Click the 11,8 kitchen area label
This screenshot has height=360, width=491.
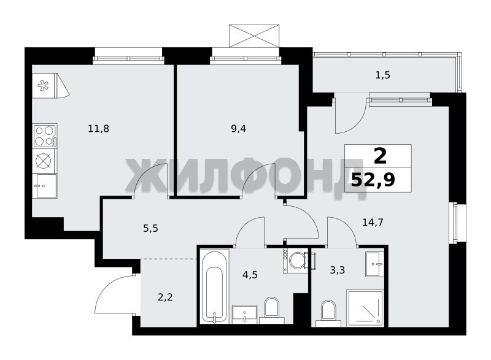(x=99, y=129)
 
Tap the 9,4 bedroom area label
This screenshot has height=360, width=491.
(x=238, y=129)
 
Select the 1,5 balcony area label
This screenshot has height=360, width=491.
(x=382, y=75)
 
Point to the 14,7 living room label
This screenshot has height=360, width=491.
(x=373, y=223)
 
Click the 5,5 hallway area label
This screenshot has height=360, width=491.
(x=150, y=229)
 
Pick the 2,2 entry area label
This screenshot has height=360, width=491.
(x=165, y=297)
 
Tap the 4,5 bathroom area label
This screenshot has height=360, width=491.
(x=250, y=275)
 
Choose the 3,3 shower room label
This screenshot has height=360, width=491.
(x=337, y=270)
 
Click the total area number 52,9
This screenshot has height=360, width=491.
(x=373, y=180)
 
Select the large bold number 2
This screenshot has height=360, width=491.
(x=380, y=156)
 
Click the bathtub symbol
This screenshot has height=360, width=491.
(x=214, y=286)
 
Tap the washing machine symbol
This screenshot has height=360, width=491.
(x=296, y=260)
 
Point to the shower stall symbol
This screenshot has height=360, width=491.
(x=365, y=308)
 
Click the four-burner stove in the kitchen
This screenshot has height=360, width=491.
(x=45, y=136)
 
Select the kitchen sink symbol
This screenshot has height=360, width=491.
(x=45, y=186)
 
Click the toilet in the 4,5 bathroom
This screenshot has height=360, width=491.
(x=271, y=310)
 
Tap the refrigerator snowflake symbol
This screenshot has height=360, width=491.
(x=43, y=86)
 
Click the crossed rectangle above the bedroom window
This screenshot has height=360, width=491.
(x=254, y=36)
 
